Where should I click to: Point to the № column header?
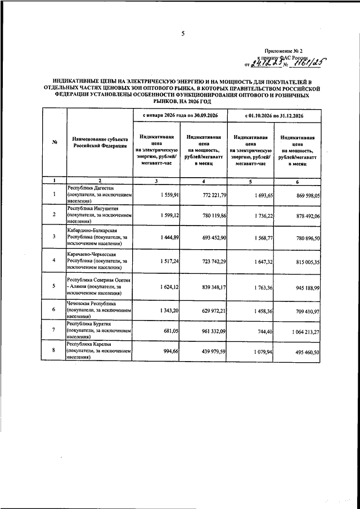55,142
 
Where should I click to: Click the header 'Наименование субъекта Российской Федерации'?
100,142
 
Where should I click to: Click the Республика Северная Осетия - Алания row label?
99,286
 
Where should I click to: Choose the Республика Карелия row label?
99,351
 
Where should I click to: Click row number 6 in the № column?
55,310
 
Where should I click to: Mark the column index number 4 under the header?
203,181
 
